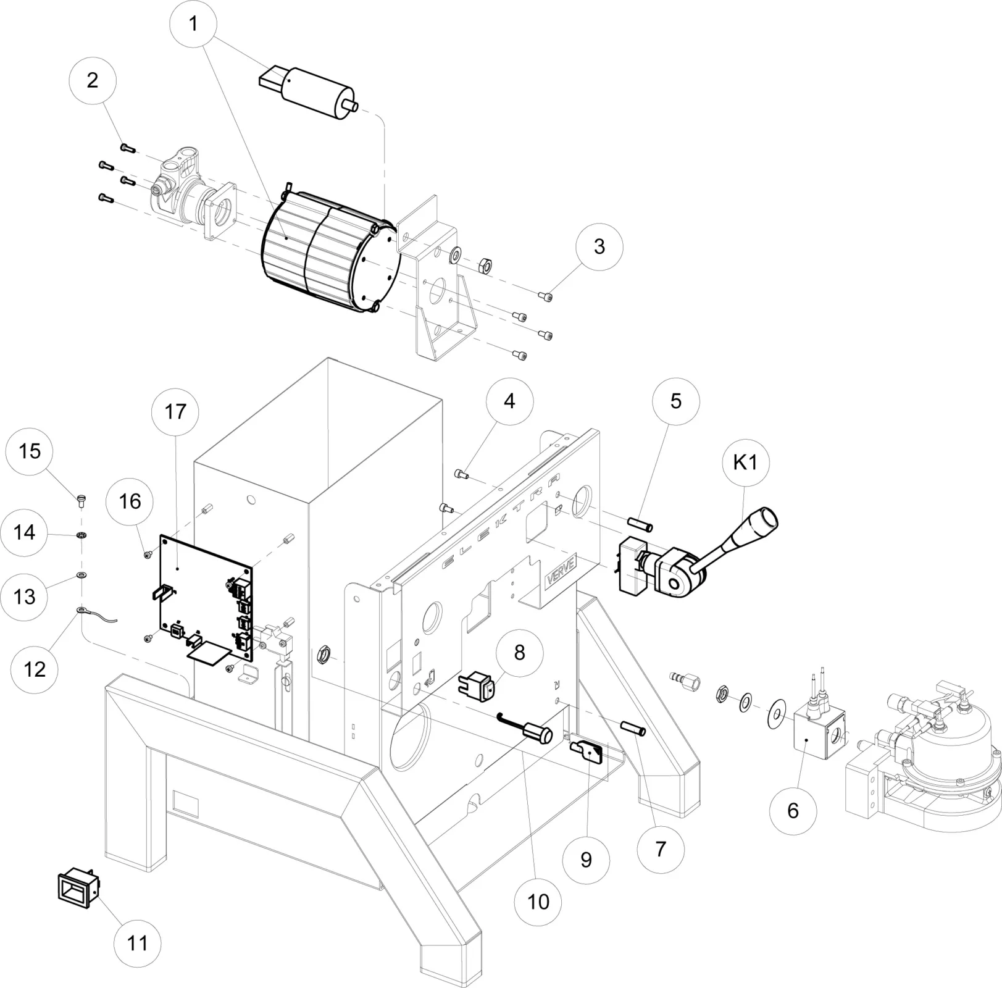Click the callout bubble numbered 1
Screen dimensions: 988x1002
(x=193, y=25)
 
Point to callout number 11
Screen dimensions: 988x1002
(x=137, y=943)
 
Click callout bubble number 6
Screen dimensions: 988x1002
(x=793, y=810)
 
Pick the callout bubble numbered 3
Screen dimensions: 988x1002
(x=599, y=246)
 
